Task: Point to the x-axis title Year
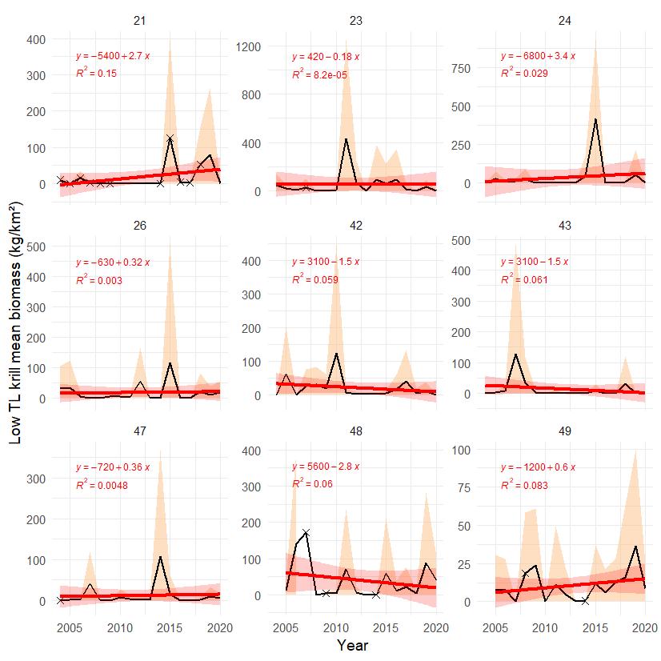tap(352, 644)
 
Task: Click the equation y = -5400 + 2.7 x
tap(113, 57)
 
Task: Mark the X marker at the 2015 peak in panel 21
tap(170, 138)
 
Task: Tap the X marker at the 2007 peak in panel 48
tap(306, 532)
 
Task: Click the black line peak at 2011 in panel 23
tap(346, 138)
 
